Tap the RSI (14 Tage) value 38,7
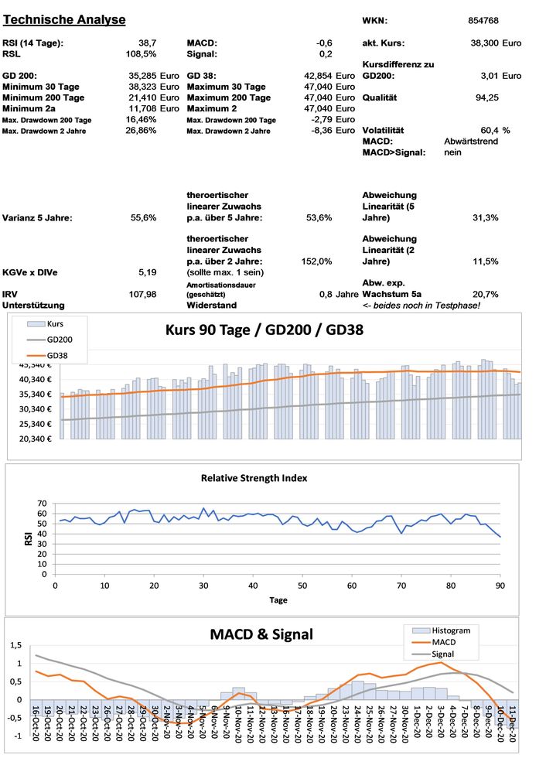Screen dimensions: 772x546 (x=145, y=43)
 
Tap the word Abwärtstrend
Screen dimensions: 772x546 (x=471, y=142)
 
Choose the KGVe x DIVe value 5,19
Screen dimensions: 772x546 (x=147, y=272)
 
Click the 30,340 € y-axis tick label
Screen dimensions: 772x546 (x=33, y=408)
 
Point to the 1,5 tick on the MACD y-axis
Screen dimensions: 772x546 (x=14, y=646)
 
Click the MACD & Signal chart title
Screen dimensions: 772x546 (x=261, y=635)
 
